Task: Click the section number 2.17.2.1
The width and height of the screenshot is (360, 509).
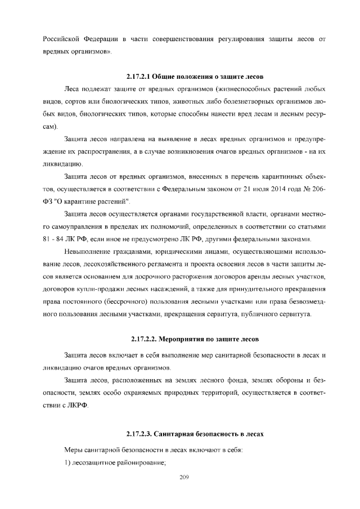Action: click(x=139, y=76)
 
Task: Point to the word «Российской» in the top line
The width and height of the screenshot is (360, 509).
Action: click(x=63, y=40)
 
